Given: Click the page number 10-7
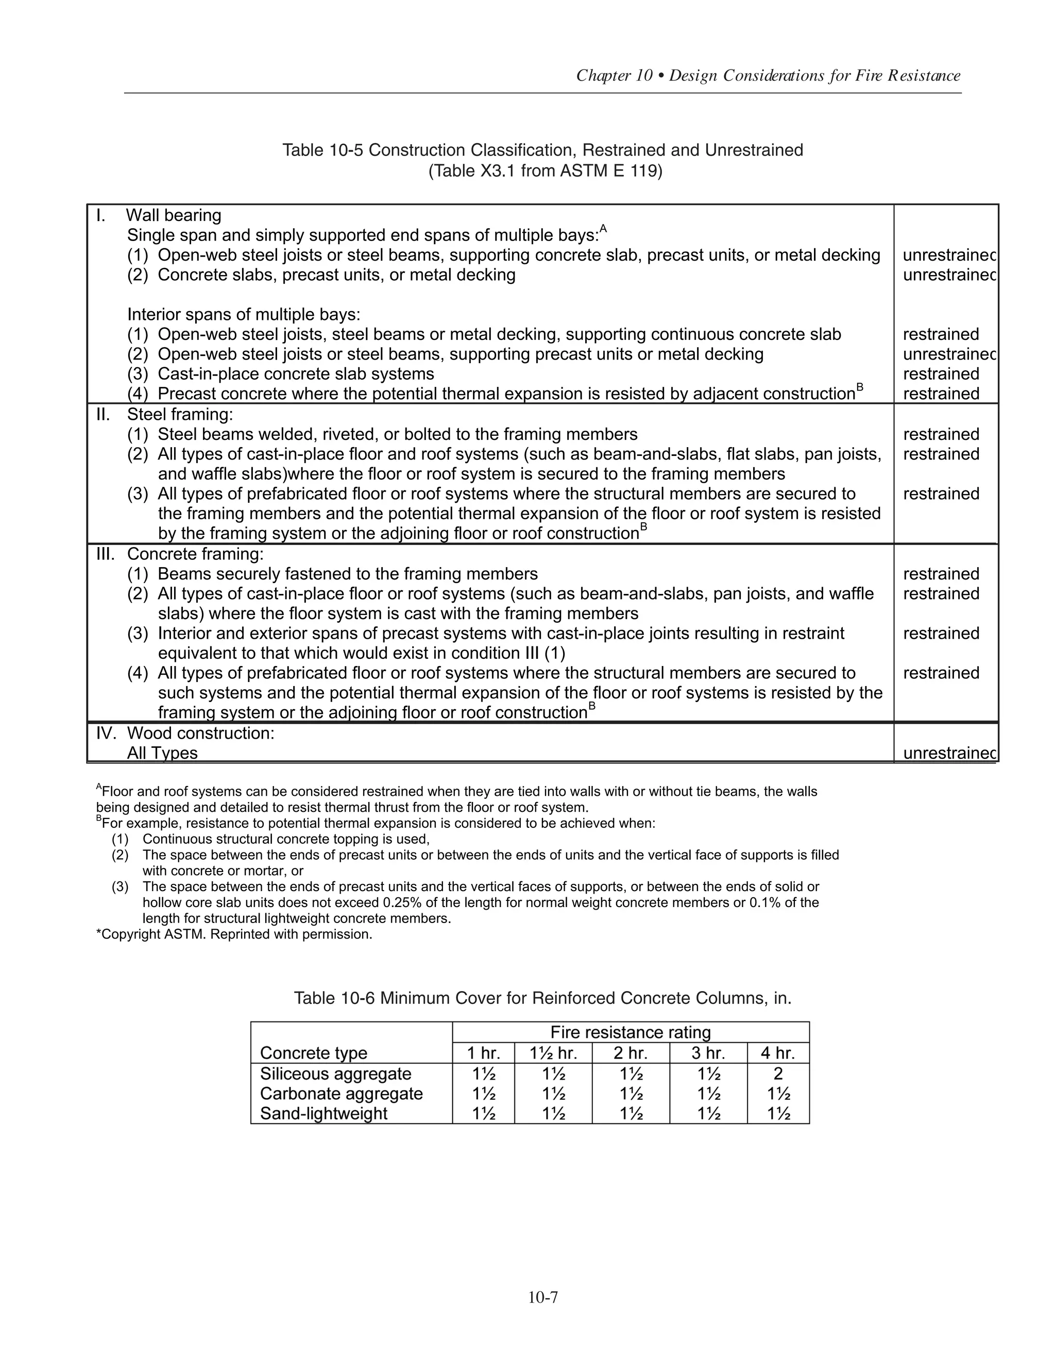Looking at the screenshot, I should [542, 1298].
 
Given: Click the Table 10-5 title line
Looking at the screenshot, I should [542, 150].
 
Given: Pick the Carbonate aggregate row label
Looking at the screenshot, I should [341, 1093].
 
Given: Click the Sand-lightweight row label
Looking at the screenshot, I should [324, 1113].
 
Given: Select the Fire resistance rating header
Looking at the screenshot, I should [630, 1032].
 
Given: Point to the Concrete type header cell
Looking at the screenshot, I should [313, 1053].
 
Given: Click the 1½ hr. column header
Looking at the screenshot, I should [553, 1053].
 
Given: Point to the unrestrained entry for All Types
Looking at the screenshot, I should [949, 753].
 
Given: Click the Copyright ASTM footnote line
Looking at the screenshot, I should [234, 934].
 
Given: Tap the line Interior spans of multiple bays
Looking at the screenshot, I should [244, 314].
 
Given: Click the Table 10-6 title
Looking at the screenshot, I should [542, 998].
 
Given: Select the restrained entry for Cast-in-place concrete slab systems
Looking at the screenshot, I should [941, 374].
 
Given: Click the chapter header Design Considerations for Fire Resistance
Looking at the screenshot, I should [768, 76].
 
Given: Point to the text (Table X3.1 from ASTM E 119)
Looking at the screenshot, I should [544, 170].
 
